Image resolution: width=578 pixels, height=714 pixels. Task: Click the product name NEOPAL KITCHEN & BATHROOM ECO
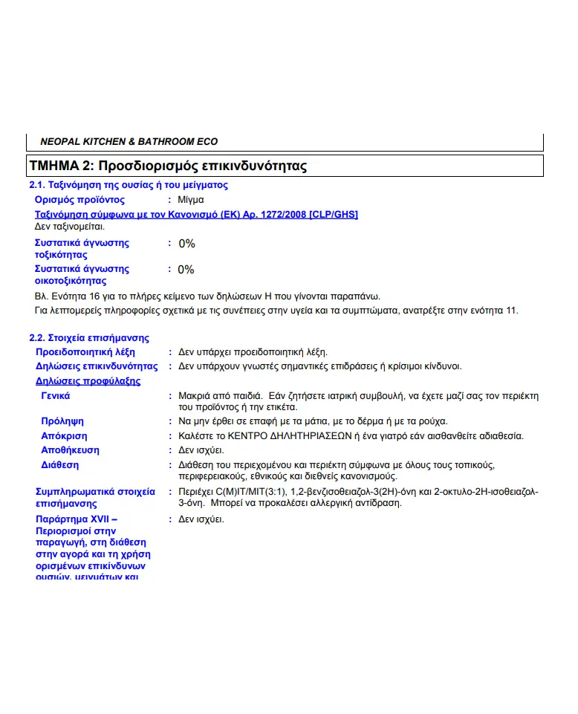coord(129,141)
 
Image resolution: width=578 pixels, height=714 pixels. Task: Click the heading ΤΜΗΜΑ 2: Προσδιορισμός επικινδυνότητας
coord(167,166)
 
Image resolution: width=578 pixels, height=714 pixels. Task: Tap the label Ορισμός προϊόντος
coord(79,200)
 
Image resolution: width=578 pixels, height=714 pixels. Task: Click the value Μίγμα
coord(191,200)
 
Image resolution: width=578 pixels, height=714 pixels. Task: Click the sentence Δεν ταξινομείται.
coord(70,227)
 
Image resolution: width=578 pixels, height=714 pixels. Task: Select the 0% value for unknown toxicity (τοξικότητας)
coord(186,244)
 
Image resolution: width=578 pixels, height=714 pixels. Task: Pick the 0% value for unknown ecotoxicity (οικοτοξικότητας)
coord(186,270)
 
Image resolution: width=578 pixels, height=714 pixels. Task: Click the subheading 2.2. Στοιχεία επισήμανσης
coord(89,338)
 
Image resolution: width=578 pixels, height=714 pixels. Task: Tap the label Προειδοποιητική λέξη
coord(85,352)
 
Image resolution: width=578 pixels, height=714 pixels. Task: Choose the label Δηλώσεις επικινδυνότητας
coord(97,366)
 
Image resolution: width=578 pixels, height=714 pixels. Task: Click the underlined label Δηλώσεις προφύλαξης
coord(88,381)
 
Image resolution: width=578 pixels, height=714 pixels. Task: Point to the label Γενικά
coord(56,396)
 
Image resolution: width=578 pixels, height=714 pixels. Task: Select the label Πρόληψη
coord(62,421)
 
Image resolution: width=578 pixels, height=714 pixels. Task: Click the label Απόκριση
coord(64,436)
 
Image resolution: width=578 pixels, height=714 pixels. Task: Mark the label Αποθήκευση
coord(70,450)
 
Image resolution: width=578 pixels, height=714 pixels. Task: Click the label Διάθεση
coord(59,465)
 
